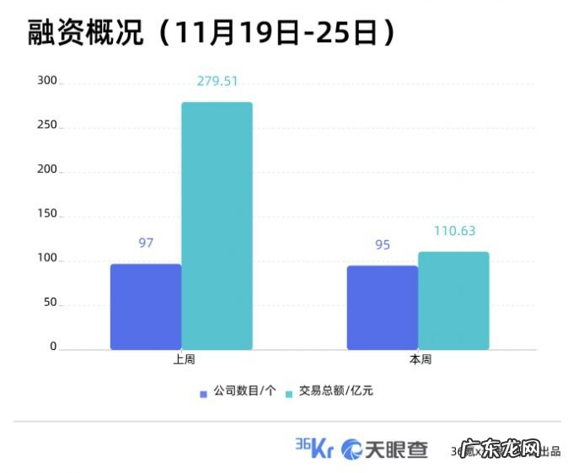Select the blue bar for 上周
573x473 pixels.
pyautogui.click(x=146, y=307)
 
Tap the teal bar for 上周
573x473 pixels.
pyautogui.click(x=217, y=226)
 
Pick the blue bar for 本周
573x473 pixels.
pyautogui.click(x=383, y=308)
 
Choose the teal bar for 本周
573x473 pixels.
pyautogui.click(x=453, y=301)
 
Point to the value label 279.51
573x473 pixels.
pyautogui.click(x=217, y=81)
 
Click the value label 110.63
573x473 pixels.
pyautogui.click(x=453, y=231)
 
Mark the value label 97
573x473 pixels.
pyautogui.click(x=146, y=243)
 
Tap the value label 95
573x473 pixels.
pyautogui.click(x=383, y=245)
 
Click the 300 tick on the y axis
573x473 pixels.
pyautogui.click(x=47, y=81)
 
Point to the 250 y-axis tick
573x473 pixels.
pyautogui.click(x=47, y=126)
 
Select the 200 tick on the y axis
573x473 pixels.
pyautogui.click(x=47, y=169)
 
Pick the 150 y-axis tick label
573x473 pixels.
pyautogui.click(x=47, y=214)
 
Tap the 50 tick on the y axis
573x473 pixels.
pyautogui.click(x=49, y=303)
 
